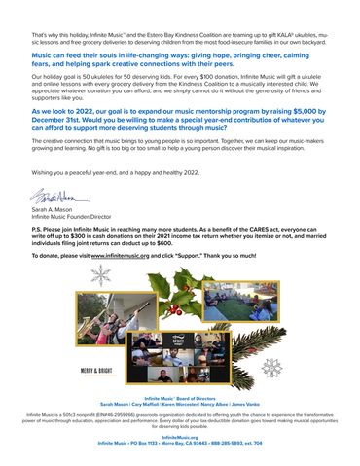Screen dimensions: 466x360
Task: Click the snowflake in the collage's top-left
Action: click(x=100, y=276)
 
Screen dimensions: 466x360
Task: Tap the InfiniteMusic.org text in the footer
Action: click(x=179, y=438)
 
